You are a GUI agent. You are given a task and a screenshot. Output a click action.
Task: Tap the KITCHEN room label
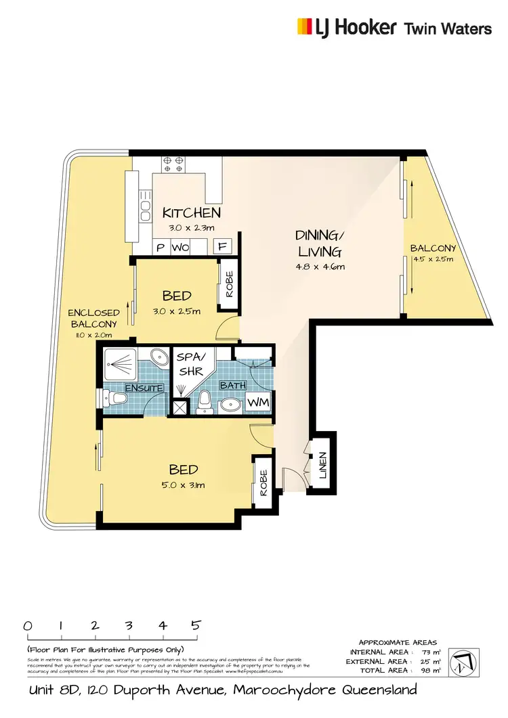[192, 212]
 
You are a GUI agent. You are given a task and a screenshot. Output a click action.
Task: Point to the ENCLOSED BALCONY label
[93, 318]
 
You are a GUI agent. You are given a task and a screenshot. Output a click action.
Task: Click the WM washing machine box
[257, 403]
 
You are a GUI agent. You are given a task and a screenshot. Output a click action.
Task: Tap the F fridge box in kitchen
[223, 247]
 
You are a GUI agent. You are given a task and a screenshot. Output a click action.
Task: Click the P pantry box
[161, 247]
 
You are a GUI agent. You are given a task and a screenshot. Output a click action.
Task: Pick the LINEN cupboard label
[323, 466]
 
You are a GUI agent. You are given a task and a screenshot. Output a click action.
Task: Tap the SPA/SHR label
[186, 363]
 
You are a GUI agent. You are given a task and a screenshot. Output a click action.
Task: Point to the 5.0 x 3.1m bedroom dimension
[184, 485]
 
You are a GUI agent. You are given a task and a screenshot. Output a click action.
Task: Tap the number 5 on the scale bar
[196, 626]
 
